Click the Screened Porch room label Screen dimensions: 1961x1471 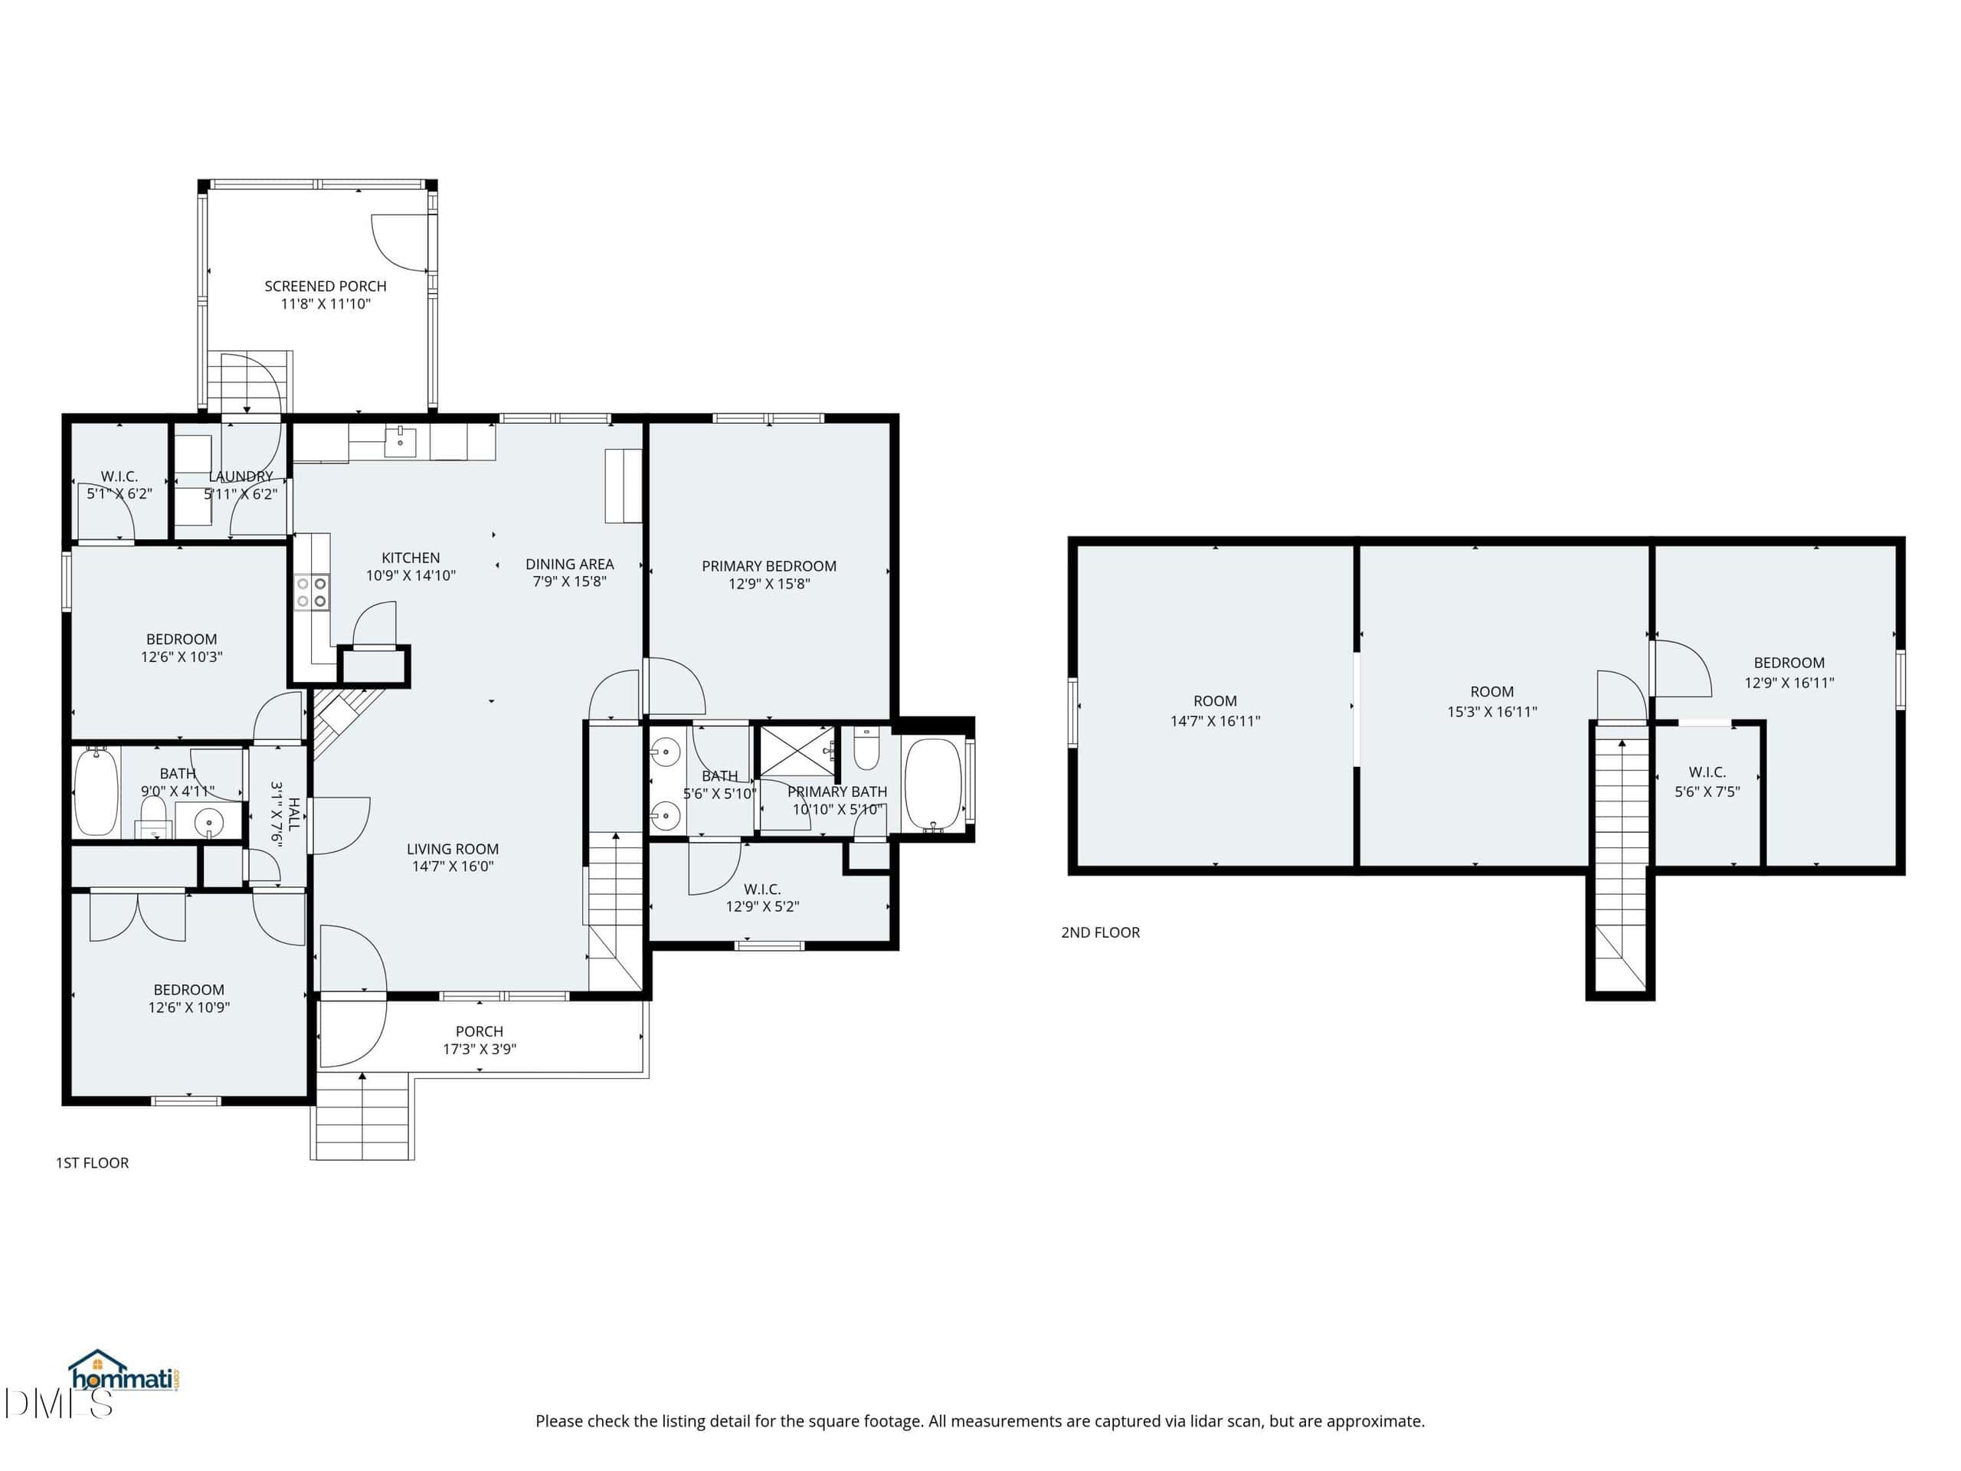pyautogui.click(x=326, y=287)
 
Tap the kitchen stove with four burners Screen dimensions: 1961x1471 pyautogui.click(x=312, y=592)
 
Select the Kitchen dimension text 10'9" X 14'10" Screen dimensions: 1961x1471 pyautogui.click(x=411, y=575)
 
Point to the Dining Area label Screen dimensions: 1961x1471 pyautogui.click(x=569, y=564)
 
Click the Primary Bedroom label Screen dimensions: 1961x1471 pyautogui.click(x=768, y=565)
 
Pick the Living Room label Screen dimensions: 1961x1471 pyautogui.click(x=452, y=849)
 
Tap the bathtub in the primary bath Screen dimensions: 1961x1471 pyautogui.click(x=933, y=785)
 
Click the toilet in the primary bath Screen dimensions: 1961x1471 pyautogui.click(x=866, y=749)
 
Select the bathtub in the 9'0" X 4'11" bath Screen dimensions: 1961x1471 pyautogui.click(x=96, y=791)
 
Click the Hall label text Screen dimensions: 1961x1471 pyautogui.click(x=293, y=814)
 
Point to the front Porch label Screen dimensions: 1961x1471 pyautogui.click(x=479, y=1031)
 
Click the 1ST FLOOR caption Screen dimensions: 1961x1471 pyautogui.click(x=92, y=1162)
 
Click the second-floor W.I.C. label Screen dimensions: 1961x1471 pyautogui.click(x=1707, y=772)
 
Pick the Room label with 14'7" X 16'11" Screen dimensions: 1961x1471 pyautogui.click(x=1215, y=700)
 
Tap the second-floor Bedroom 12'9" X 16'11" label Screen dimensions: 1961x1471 pyautogui.click(x=1789, y=663)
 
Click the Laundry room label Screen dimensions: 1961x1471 pyautogui.click(x=241, y=476)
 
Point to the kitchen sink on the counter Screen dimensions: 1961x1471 pyautogui.click(x=400, y=441)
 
